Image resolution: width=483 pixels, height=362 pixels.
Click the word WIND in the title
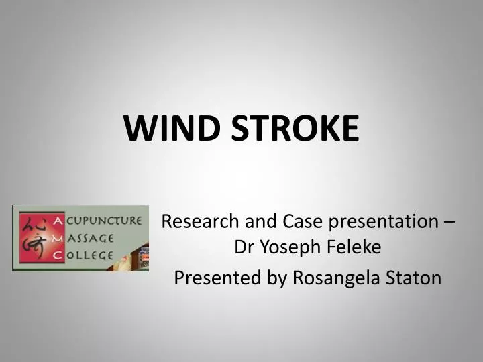pos(172,127)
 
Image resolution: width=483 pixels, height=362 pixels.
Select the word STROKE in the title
pos(295,127)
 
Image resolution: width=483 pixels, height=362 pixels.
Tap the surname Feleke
pos(356,248)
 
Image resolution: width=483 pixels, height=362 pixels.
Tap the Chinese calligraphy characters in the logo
pos(34,239)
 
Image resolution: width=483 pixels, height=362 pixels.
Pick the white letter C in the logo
pos(58,255)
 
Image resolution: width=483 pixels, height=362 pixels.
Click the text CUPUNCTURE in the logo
pos(104,220)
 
